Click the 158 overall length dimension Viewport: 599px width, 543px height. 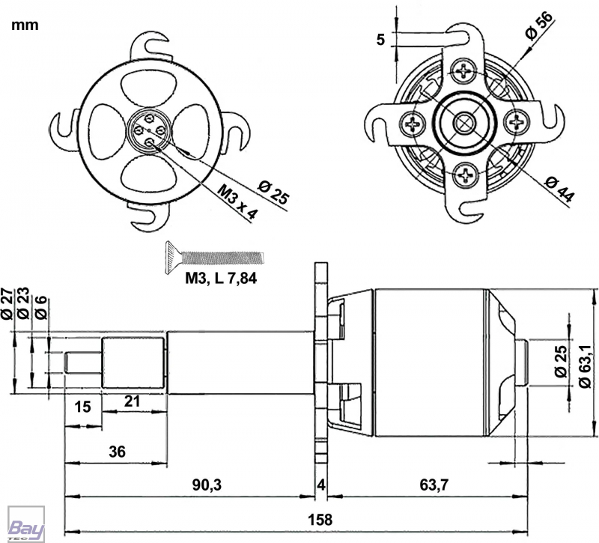click(x=320, y=519)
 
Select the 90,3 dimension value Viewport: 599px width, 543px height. click(x=207, y=485)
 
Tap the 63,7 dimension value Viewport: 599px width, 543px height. click(x=434, y=485)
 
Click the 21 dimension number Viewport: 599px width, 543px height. click(x=133, y=401)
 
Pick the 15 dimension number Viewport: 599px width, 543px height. click(x=82, y=407)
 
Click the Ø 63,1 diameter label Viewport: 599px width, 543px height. click(x=585, y=366)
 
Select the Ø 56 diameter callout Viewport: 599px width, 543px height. click(x=539, y=25)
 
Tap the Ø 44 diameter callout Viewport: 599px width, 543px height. click(x=559, y=189)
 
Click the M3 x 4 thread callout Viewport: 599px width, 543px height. click(x=237, y=202)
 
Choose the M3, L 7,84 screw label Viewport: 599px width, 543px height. click(x=221, y=278)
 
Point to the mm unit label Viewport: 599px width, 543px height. click(x=25, y=25)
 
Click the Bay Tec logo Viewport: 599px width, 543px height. click(x=26, y=524)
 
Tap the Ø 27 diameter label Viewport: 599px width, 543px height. click(x=7, y=304)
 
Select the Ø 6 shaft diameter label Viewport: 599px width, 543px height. click(x=40, y=308)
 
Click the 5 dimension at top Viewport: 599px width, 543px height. click(x=380, y=40)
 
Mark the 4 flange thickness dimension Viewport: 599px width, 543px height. click(x=321, y=485)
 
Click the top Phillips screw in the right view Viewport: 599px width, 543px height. click(x=464, y=71)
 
